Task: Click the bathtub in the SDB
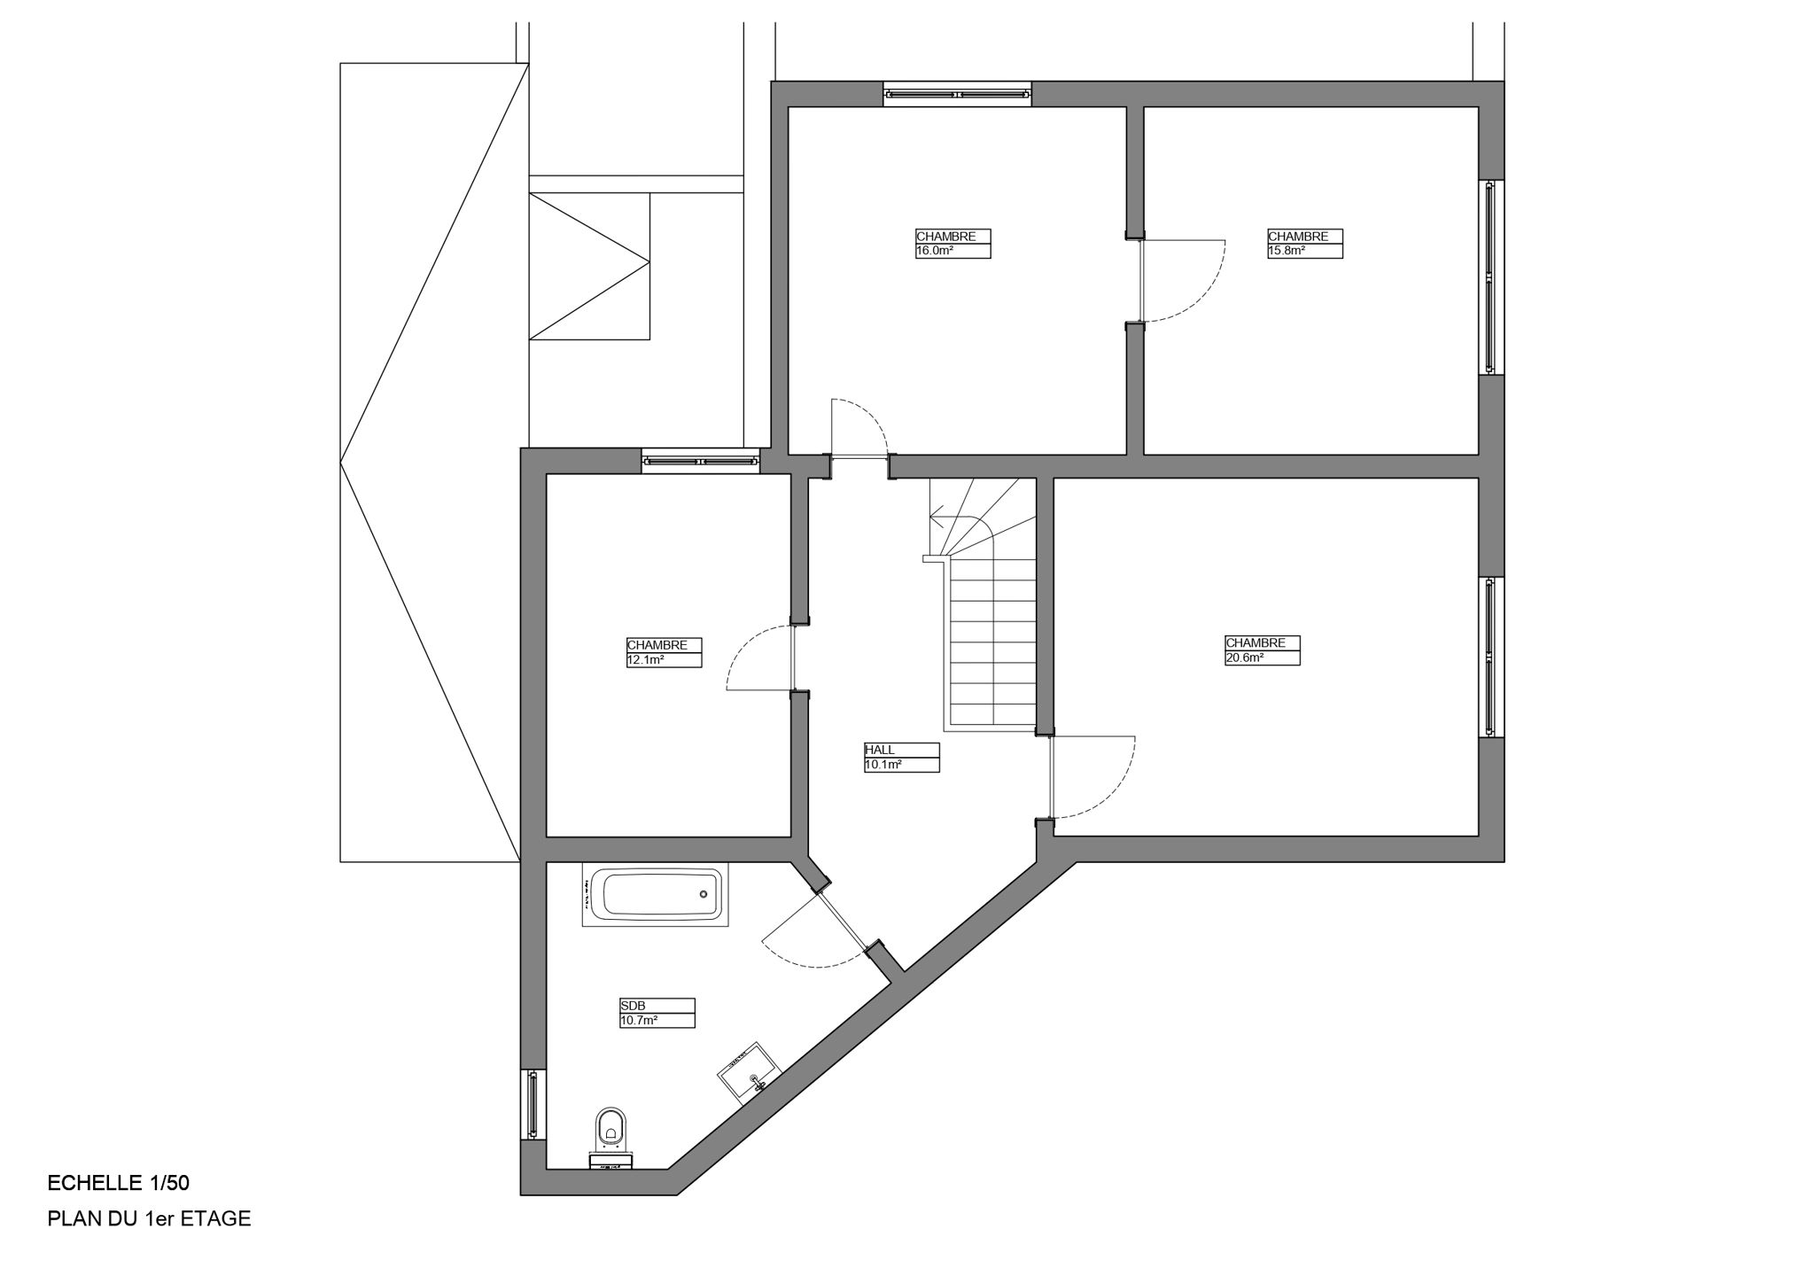click(656, 894)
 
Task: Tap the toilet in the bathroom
click(610, 1130)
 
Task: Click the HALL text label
click(880, 750)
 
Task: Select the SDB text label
click(632, 1006)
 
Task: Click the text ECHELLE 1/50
click(118, 1183)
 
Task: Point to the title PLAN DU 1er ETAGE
click(149, 1219)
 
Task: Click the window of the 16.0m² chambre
click(958, 93)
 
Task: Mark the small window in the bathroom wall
click(533, 1104)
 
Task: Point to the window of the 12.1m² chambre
click(701, 461)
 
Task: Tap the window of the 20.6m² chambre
click(1490, 657)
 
